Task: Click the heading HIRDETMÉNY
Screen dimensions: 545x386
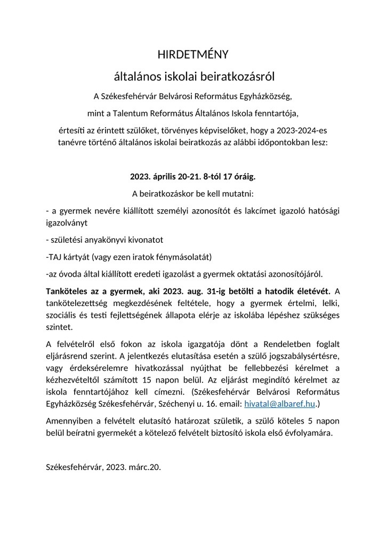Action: [x=193, y=54]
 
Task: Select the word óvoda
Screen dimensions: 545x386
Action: [x=72, y=274]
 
